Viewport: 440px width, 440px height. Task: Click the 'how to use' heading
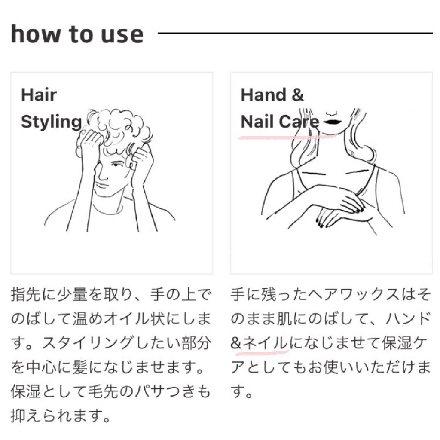click(x=77, y=34)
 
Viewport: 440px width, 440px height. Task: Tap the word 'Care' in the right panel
click(x=299, y=122)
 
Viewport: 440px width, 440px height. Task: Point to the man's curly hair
click(x=118, y=126)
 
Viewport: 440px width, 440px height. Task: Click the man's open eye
click(x=116, y=165)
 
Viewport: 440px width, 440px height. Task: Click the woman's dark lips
click(x=333, y=122)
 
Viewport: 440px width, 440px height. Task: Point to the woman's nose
click(x=332, y=113)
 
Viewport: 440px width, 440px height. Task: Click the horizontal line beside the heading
click(x=296, y=33)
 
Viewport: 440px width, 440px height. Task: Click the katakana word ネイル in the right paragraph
click(x=266, y=343)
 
